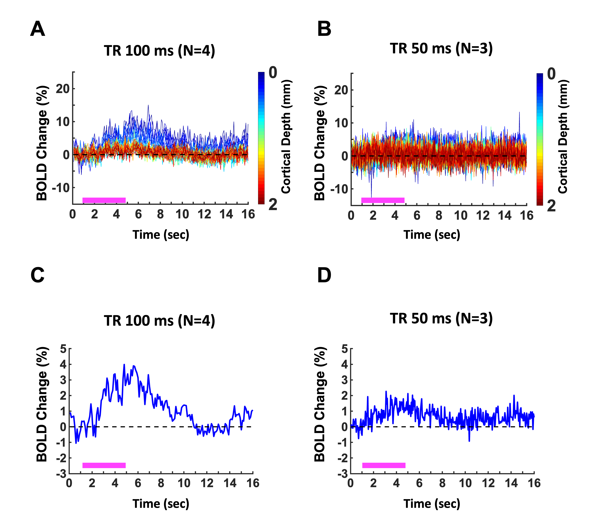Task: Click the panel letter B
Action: [324, 29]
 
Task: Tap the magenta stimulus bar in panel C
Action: [104, 465]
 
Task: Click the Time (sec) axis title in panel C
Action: [161, 504]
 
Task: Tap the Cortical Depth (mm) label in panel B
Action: [563, 137]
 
